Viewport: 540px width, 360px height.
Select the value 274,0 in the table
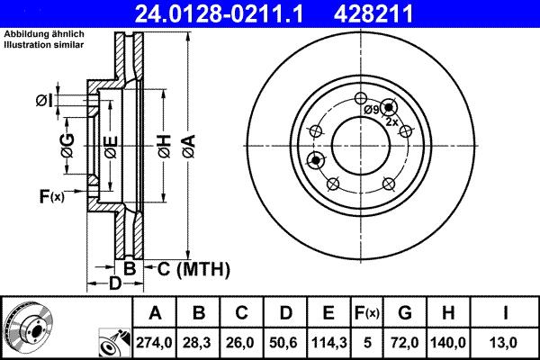click(x=154, y=342)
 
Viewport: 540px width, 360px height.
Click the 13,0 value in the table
click(x=507, y=342)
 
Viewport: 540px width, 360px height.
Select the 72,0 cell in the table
click(x=405, y=342)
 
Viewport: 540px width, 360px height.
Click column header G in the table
click(x=405, y=313)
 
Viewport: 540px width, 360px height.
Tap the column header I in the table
click(x=507, y=313)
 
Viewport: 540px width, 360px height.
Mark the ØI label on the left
click(x=44, y=100)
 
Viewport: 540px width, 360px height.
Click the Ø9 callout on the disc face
click(x=372, y=109)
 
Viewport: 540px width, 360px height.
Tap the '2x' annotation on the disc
click(x=391, y=121)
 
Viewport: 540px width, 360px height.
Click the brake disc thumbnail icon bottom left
click(x=28, y=325)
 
